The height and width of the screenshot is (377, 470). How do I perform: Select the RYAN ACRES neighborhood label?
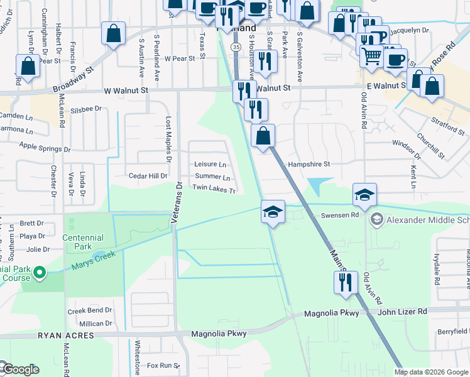pyautogui.click(x=66, y=336)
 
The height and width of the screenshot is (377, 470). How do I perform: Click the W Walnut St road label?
pyautogui.click(x=126, y=90)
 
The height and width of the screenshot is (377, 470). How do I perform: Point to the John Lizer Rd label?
pyautogui.click(x=402, y=311)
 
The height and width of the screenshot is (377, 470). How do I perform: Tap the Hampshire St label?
pyautogui.click(x=309, y=165)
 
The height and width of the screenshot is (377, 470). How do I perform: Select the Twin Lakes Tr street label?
pyautogui.click(x=214, y=188)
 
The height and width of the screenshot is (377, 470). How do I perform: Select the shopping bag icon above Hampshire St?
pyautogui.click(x=263, y=136)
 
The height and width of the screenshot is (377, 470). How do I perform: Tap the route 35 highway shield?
pyautogui.click(x=235, y=47)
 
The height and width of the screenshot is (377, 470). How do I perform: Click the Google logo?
pyautogui.click(x=20, y=369)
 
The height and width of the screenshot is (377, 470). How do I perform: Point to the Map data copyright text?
pyautogui.click(x=430, y=372)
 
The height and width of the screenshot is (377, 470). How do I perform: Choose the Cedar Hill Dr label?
pyautogui.click(x=148, y=176)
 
